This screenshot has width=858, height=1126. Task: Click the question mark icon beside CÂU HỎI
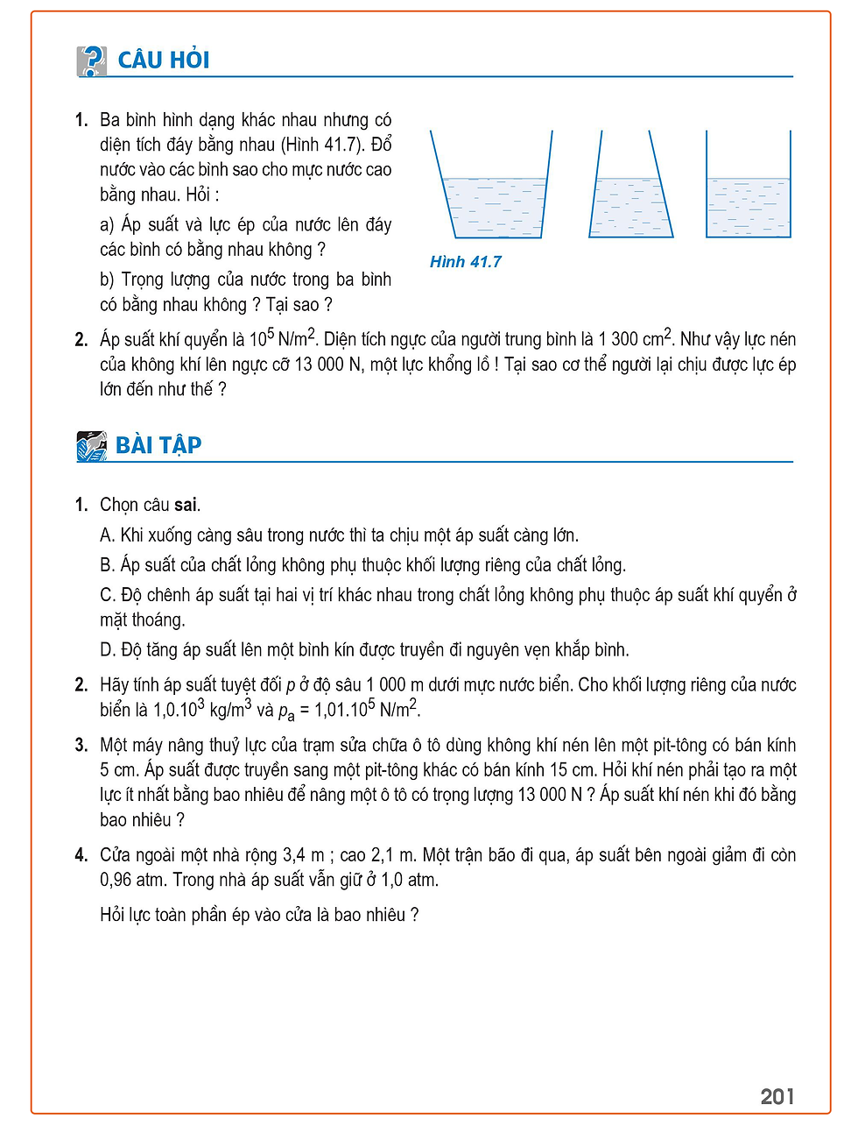point(92,60)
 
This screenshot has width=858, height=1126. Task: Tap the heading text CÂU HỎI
point(164,60)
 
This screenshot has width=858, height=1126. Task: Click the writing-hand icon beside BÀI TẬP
point(92,446)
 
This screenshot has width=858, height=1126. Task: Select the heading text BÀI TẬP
point(158,445)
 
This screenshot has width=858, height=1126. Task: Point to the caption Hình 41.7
point(465,262)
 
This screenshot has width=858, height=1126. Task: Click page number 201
point(777,1096)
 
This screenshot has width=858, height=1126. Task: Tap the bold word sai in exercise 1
point(186,505)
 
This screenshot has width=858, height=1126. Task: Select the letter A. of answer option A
point(108,535)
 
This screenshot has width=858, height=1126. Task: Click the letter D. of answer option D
point(108,650)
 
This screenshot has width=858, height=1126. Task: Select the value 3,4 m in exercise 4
point(303,855)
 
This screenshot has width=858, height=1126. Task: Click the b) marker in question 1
point(108,280)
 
